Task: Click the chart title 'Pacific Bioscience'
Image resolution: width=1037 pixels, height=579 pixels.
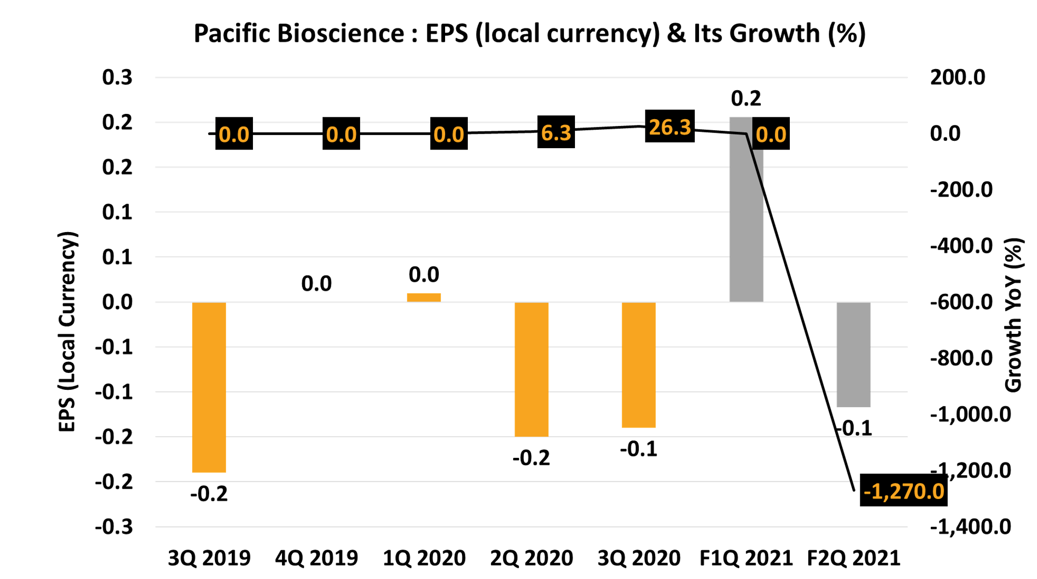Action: coord(530,34)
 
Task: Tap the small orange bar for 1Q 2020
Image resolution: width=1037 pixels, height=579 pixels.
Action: coord(424,297)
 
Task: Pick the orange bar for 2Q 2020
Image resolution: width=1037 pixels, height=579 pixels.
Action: coord(532,369)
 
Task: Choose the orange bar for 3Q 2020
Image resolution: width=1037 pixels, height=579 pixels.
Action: coord(639,365)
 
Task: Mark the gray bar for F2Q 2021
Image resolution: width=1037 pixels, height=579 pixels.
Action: coord(854,355)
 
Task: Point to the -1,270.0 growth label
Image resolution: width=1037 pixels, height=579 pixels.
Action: coord(903,491)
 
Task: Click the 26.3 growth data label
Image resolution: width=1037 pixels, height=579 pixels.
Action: coord(670,126)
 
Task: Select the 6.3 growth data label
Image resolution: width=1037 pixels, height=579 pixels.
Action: coord(556,132)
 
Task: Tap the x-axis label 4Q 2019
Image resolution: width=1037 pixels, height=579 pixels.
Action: coord(317,558)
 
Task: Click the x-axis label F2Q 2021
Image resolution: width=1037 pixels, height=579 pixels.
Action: coord(854,558)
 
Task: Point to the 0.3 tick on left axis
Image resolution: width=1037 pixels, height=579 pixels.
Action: coord(117,77)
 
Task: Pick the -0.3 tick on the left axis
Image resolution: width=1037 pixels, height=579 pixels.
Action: coord(114,527)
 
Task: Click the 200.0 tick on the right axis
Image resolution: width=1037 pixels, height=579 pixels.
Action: coord(957,77)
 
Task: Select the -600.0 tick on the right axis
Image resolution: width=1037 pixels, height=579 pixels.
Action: coord(961,302)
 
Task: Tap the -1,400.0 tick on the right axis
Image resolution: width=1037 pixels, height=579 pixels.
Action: coord(970,527)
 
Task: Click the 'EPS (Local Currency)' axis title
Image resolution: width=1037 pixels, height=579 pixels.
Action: coord(67,332)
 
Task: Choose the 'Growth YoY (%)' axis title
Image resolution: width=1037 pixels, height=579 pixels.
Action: coord(1013,315)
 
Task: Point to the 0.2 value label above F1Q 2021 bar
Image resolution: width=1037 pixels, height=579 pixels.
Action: coord(746,98)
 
